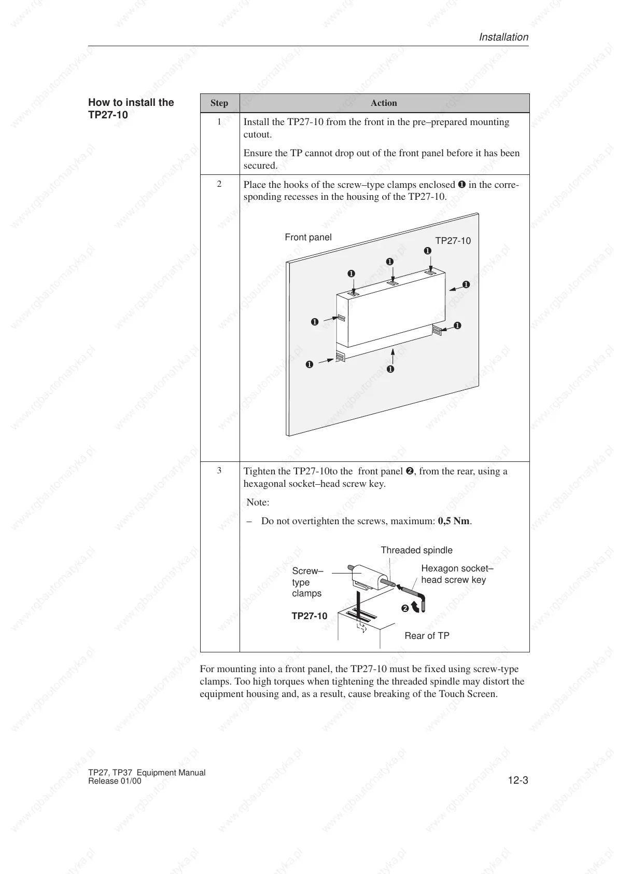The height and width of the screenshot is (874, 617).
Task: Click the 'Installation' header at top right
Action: click(x=503, y=37)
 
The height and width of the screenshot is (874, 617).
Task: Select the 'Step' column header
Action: click(x=219, y=103)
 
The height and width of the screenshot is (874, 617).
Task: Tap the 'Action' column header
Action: click(x=384, y=103)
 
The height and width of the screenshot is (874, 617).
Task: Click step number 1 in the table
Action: click(x=219, y=121)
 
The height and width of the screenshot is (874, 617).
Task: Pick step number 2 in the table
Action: click(x=219, y=184)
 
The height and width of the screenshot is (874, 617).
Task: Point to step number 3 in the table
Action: click(x=219, y=470)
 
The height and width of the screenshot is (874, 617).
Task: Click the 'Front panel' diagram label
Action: click(x=308, y=237)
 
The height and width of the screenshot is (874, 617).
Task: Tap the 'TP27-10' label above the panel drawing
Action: click(x=453, y=241)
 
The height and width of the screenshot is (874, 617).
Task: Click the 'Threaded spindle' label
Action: click(x=416, y=550)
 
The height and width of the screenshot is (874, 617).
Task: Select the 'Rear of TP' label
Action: click(x=427, y=636)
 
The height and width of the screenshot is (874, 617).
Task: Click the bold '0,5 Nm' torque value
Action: click(x=454, y=521)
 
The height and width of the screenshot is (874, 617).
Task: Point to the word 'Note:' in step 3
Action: click(x=258, y=502)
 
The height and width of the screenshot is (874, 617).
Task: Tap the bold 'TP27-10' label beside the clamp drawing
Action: click(x=310, y=616)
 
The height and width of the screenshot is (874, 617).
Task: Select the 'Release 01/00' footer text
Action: click(x=115, y=781)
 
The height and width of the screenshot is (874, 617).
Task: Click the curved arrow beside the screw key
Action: click(x=416, y=607)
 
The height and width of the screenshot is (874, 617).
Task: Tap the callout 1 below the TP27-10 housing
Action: click(x=390, y=370)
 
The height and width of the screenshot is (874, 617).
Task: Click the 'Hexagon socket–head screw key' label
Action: click(x=454, y=574)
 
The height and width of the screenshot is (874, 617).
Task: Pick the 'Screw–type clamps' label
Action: click(x=307, y=582)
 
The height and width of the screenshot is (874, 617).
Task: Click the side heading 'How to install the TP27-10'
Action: click(x=131, y=108)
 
